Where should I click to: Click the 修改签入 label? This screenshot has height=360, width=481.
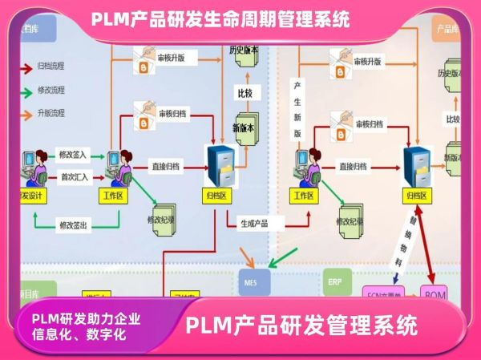(74, 153)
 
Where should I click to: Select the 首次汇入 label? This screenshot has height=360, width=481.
(74, 176)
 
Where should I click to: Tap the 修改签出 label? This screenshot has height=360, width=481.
(74, 225)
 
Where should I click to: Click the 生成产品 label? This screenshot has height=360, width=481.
(256, 222)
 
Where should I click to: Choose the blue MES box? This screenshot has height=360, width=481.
(250, 281)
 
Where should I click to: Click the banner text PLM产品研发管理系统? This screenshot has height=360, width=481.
(301, 326)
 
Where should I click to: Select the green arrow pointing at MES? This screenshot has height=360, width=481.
(282, 259)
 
